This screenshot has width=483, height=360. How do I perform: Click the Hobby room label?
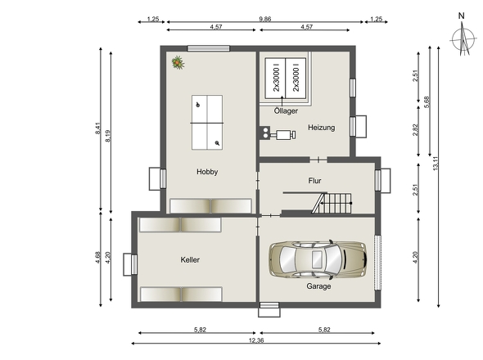[x=207, y=172]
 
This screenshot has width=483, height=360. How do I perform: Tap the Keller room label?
[x=190, y=259]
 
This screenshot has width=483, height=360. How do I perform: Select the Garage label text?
[x=318, y=286]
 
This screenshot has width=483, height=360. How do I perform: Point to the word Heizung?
[x=321, y=128]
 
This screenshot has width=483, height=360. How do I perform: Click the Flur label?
[x=314, y=181]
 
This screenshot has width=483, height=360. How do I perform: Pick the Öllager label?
[x=286, y=110]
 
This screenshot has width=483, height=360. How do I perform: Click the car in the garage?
[x=318, y=260]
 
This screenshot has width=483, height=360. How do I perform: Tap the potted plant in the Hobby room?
[x=178, y=62]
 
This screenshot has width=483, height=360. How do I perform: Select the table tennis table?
[x=207, y=123]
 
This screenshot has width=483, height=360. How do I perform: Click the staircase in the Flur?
[x=332, y=203]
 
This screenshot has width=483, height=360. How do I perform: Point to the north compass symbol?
[x=463, y=38]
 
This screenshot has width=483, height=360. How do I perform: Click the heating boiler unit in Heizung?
[x=278, y=134]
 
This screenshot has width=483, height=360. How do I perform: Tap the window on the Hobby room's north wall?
[x=209, y=48]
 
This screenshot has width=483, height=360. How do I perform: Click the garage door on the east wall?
[x=377, y=263]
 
